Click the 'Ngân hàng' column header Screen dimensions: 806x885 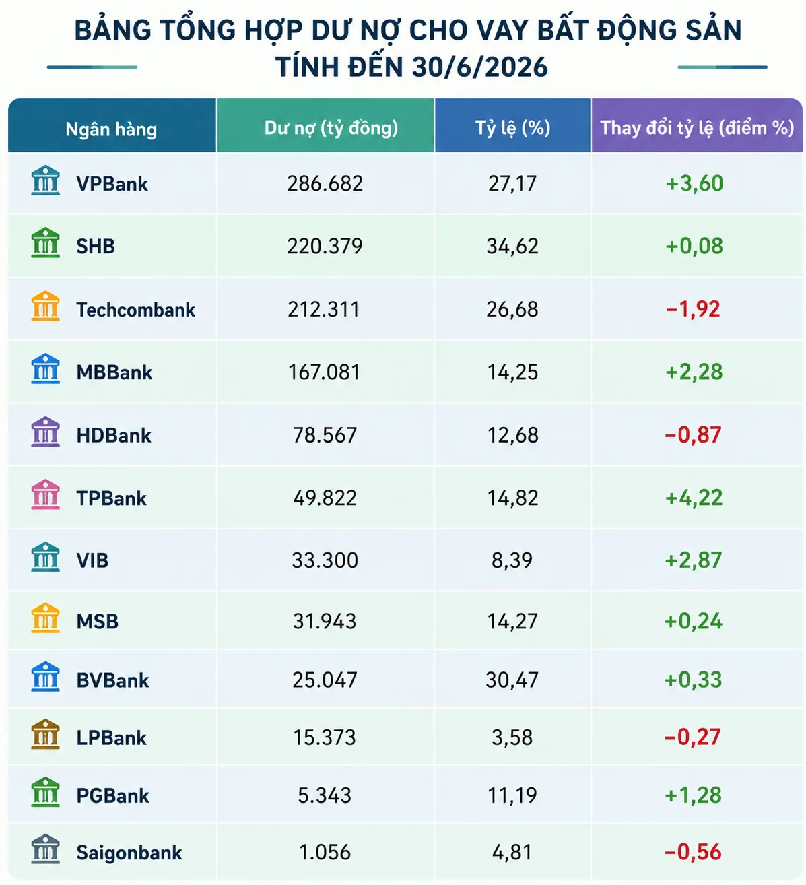(111, 129)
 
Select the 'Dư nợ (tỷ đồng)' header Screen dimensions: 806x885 (331, 129)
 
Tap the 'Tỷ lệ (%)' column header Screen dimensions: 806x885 (512, 128)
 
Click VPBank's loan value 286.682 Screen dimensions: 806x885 (325, 183)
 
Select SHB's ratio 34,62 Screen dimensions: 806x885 (512, 247)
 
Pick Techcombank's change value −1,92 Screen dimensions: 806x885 (693, 309)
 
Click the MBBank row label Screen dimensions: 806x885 (114, 372)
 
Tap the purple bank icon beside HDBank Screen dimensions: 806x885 (45, 432)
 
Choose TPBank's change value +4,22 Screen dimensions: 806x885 (694, 498)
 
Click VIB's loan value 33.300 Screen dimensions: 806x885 (325, 560)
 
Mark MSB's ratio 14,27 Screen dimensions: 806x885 (512, 622)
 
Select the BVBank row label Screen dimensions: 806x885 (112, 680)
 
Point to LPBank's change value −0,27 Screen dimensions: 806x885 (693, 737)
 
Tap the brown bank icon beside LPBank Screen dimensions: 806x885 (45, 734)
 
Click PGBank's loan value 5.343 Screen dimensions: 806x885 (325, 795)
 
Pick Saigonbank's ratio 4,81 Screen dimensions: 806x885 (512, 852)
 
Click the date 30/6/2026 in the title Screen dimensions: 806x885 (480, 67)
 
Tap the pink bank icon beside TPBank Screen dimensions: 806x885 (45, 494)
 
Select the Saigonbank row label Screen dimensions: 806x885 (129, 853)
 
